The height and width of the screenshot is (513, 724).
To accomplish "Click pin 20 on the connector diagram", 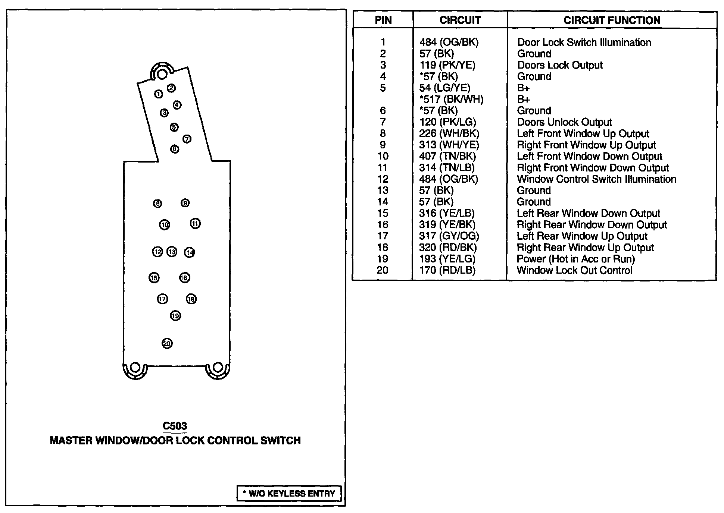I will [167, 343].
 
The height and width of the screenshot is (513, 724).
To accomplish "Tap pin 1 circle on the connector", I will [159, 94].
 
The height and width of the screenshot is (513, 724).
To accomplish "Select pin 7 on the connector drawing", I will [187, 139].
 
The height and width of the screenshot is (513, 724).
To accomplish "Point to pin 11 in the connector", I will [195, 224].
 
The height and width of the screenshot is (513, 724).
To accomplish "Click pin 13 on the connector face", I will [172, 252].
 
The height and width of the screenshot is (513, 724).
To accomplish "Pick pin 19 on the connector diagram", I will [175, 316].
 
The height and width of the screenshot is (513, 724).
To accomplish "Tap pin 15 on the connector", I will [154, 278].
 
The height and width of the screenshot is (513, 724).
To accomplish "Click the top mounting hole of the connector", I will [162, 73].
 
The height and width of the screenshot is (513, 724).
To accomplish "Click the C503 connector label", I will [175, 426].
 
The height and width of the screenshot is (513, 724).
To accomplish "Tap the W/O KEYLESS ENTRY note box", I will [289, 493].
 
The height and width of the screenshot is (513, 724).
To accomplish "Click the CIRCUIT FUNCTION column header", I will [612, 20].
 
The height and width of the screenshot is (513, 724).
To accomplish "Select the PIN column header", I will [383, 20].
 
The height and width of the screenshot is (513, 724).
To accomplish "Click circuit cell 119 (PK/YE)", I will [447, 65].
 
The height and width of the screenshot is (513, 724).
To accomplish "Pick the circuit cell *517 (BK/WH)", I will [451, 100].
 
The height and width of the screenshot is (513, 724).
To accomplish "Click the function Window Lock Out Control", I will [574, 270].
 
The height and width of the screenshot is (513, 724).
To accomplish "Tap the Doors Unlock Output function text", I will [564, 122].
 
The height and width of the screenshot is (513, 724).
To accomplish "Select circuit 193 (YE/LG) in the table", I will [447, 259].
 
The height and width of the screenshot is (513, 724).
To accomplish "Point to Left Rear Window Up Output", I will [582, 236].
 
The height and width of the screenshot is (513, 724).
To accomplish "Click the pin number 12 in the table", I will [383, 179].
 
